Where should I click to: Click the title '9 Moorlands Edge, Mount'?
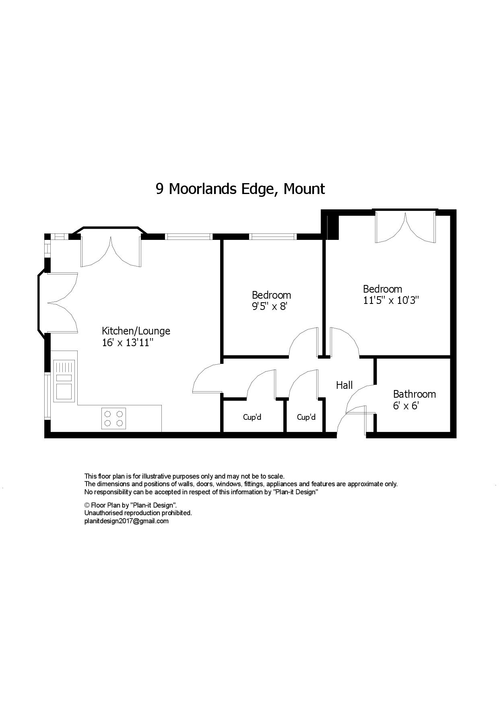tap(240, 189)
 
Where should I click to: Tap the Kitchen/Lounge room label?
tap(136, 331)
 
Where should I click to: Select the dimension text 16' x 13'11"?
tap(128, 343)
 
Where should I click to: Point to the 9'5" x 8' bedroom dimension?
tap(270, 307)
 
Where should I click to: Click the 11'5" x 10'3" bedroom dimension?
tap(391, 300)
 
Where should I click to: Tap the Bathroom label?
tap(414, 394)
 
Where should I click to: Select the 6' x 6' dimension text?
tap(406, 406)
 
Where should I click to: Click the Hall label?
tap(344, 385)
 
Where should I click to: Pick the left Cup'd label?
tap(252, 417)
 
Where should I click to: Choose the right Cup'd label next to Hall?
tap(306, 417)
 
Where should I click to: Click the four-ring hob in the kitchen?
tap(113, 418)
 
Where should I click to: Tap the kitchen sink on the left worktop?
tap(64, 380)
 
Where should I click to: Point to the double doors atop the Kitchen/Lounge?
tap(111, 252)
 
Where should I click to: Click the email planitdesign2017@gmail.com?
tap(126, 521)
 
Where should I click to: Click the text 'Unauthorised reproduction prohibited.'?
tap(138, 513)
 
